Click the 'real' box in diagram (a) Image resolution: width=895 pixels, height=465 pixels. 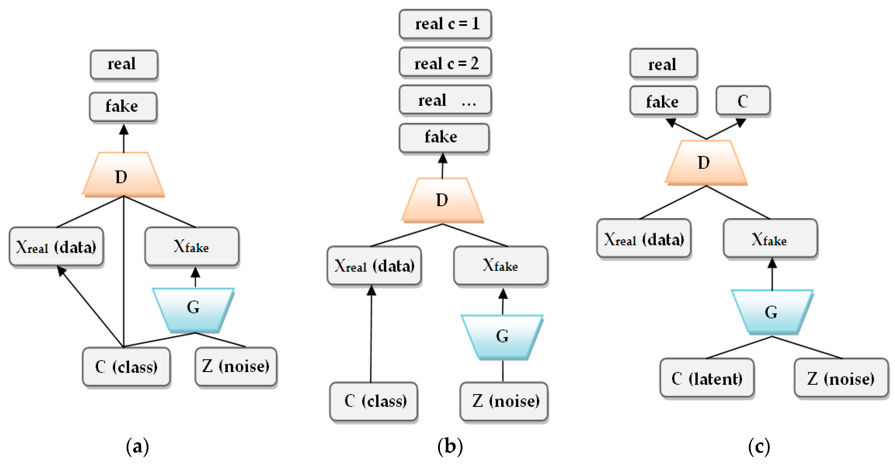(x=124, y=64)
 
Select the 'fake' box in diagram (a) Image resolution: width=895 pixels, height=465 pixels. (x=123, y=106)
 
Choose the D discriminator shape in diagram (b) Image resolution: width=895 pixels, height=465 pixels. (x=442, y=200)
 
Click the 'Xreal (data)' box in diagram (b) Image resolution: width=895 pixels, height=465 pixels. (x=374, y=266)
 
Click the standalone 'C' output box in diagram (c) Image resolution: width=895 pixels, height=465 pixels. (x=743, y=101)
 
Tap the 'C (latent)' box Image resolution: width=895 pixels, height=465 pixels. (x=707, y=378)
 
